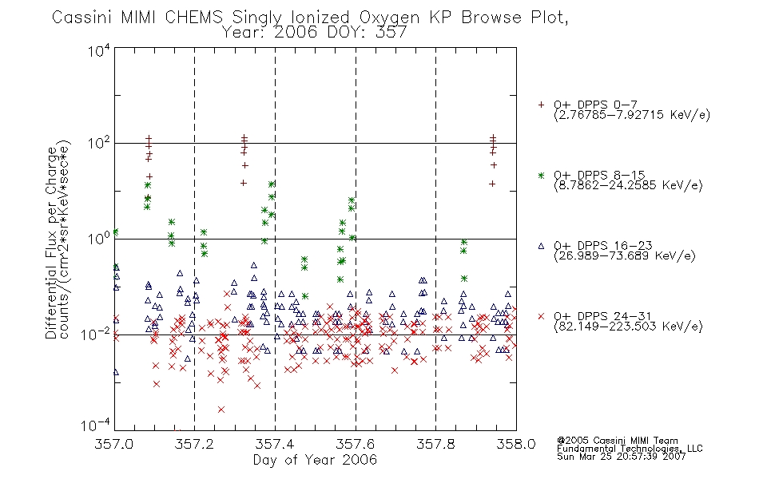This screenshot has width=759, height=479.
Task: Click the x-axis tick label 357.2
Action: tap(193, 444)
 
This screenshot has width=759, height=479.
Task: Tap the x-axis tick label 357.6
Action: tap(356, 444)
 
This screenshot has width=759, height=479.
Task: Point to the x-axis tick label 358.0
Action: tap(516, 444)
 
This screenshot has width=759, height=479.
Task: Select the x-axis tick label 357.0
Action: tap(113, 444)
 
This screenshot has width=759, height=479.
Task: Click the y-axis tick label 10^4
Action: tap(99, 50)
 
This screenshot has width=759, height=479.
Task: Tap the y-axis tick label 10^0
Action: tap(99, 238)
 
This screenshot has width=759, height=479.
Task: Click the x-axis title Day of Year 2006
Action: tap(315, 460)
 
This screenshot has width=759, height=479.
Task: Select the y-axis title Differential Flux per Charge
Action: tap(51, 243)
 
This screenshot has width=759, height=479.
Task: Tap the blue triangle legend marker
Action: tap(541, 246)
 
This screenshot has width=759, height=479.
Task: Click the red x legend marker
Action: tap(541, 316)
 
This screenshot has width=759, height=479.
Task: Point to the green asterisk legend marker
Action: tap(541, 176)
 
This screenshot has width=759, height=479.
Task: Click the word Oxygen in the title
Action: tap(389, 18)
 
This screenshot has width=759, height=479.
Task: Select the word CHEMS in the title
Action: tap(193, 18)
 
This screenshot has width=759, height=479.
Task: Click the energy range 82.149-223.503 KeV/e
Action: tap(628, 327)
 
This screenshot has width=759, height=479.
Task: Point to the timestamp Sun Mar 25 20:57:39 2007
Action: tap(621, 457)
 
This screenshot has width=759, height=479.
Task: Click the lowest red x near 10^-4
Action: tap(221, 410)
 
